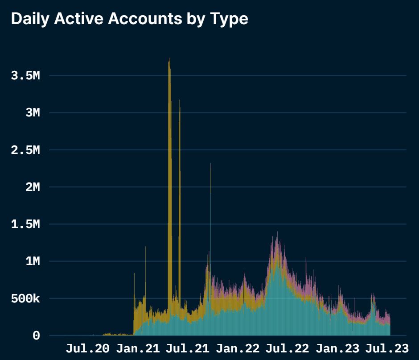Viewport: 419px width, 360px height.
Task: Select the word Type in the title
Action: tap(227, 19)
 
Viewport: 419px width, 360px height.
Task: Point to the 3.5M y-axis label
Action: tap(25, 76)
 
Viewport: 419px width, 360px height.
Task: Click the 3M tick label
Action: tap(33, 113)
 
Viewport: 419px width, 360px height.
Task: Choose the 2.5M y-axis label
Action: tap(25, 150)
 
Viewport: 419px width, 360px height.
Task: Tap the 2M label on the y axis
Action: tap(33, 187)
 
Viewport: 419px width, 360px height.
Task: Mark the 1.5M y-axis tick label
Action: tap(25, 224)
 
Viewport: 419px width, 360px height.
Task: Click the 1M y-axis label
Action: tap(33, 261)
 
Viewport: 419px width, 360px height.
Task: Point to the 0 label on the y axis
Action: tap(36, 336)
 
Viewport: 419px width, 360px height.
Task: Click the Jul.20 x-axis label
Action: tap(87, 349)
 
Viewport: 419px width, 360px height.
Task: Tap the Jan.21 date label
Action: tap(138, 349)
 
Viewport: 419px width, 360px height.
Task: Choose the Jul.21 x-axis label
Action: tap(187, 349)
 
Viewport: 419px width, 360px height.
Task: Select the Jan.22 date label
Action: tap(238, 349)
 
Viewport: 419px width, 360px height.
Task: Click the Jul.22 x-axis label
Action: tap(288, 349)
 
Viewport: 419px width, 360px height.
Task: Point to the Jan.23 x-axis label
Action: tap(337, 349)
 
